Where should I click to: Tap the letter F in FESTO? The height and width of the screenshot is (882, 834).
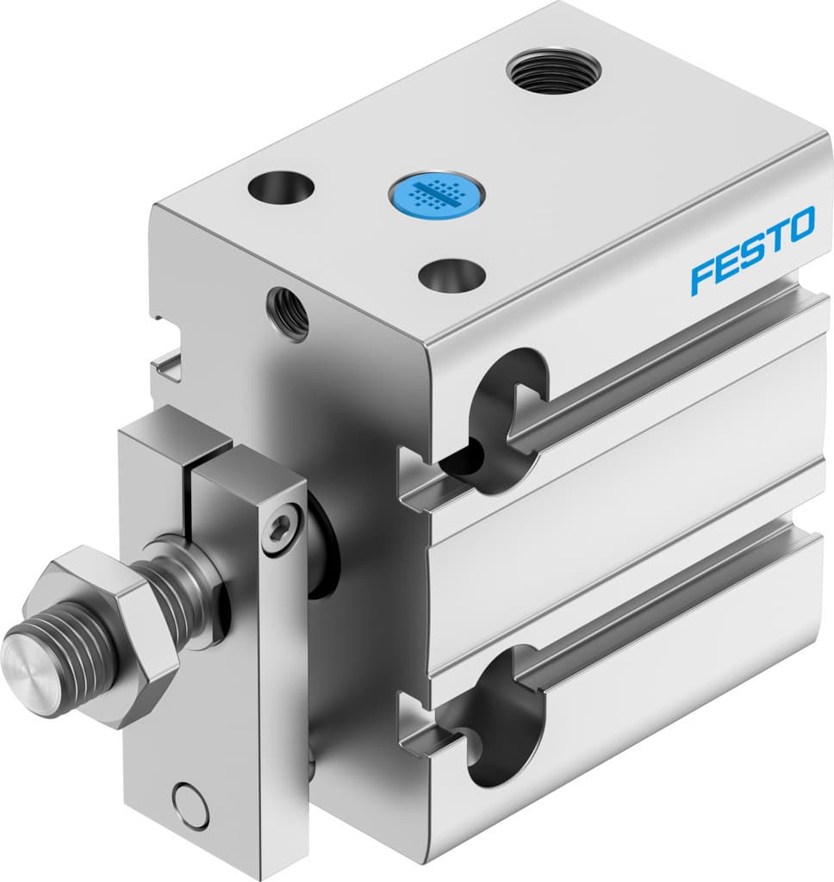pos(702,276)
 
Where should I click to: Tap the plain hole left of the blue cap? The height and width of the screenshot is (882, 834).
pos(280,187)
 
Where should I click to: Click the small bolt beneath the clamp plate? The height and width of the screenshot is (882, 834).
pos(310,758)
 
